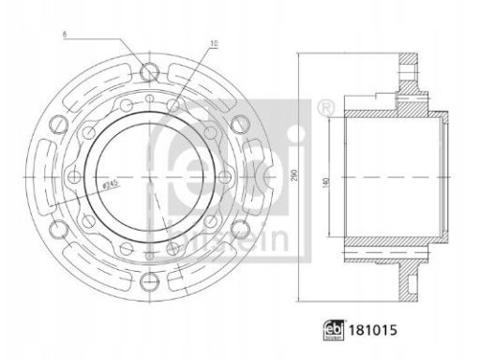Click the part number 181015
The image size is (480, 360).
coord(373,330)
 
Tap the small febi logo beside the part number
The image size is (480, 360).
coord(334,330)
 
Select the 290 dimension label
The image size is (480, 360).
coord(294,177)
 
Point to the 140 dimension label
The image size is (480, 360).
coord(327,182)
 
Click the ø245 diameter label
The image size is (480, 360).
coord(111,185)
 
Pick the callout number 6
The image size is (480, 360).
coord(65,35)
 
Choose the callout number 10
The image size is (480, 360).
coord(214,44)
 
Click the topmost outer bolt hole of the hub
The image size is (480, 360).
coord(149,72)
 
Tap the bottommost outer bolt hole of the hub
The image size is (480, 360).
coord(149,281)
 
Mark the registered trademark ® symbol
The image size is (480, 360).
coord(325,108)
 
